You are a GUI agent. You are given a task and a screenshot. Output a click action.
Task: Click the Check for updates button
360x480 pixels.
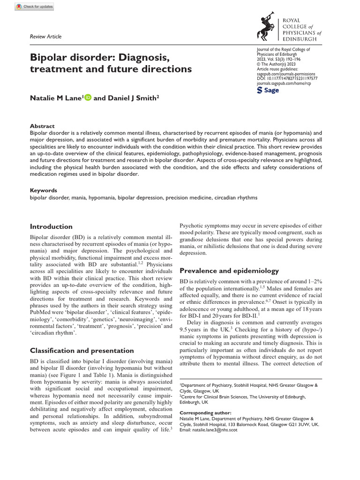pyautogui.click(x=34, y=7)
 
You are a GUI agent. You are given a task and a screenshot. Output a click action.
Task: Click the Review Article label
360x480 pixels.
pyautogui.click(x=45, y=37)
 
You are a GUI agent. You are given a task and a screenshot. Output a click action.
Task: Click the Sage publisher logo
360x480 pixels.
pyautogui.click(x=269, y=90)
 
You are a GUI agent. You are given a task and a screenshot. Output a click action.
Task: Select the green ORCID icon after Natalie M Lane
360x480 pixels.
pyautogui.click(x=88, y=98)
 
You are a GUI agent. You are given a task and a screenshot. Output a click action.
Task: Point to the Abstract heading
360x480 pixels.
pyautogui.click(x=42, y=126)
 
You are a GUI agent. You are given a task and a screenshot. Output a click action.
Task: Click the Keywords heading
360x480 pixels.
pyautogui.click(x=43, y=191)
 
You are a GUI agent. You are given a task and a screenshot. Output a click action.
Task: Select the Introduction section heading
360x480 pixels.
pyautogui.click(x=51, y=226)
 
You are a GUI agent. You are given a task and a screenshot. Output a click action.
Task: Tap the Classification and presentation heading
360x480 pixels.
pyautogui.click(x=82, y=350)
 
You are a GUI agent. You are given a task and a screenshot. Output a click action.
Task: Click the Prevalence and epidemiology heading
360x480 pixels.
pyautogui.click(x=229, y=270)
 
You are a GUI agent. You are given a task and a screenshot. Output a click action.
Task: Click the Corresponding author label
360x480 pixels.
pyautogui.click(x=205, y=413)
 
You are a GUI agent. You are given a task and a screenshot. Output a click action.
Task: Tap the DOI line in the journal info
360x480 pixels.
pyautogui.click(x=287, y=79)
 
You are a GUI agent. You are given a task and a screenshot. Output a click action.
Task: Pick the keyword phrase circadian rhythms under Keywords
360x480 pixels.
pyautogui.click(x=231, y=198)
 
